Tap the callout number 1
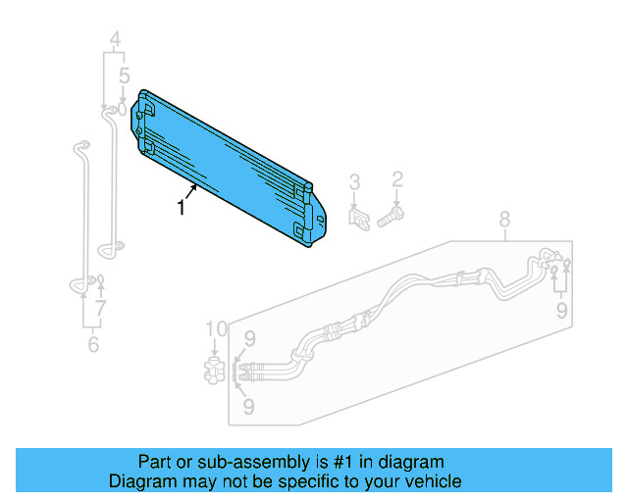[x=181, y=208]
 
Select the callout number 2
[x=397, y=178]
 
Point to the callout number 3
[x=355, y=180]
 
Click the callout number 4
[x=114, y=41]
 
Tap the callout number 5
[x=124, y=75]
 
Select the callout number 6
[x=93, y=344]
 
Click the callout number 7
[x=100, y=308]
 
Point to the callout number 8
[x=504, y=218]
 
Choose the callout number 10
[x=215, y=327]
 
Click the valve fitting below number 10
[x=215, y=370]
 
